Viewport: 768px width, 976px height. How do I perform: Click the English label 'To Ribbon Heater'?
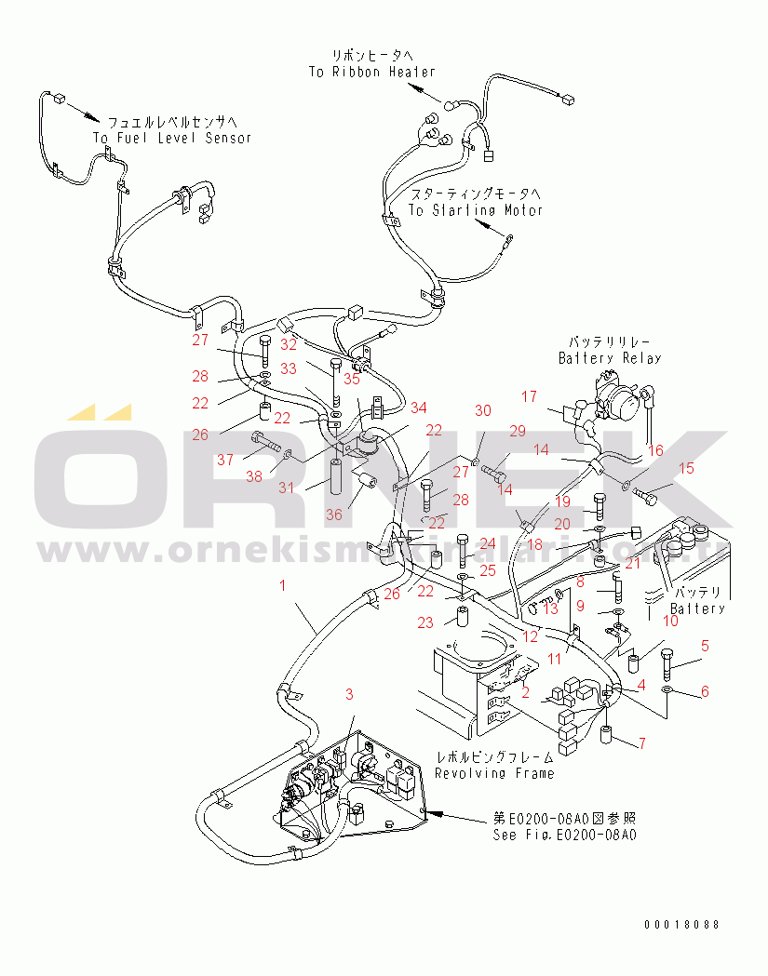(371, 72)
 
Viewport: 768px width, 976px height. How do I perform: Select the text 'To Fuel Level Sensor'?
(172, 138)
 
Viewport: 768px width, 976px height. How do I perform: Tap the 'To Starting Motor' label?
(475, 210)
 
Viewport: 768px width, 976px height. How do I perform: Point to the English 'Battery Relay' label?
(610, 358)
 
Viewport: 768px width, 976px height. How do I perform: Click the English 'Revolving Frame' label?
(494, 773)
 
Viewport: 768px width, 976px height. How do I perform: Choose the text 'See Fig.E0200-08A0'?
(565, 835)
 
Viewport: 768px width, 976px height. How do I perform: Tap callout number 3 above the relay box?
(349, 694)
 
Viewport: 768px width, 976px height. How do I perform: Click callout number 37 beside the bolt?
(224, 459)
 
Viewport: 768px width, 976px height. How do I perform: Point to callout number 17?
(529, 396)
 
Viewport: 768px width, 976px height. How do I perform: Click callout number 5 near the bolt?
(705, 645)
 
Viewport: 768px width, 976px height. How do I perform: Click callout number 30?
(482, 410)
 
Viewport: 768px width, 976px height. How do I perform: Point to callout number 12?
(530, 636)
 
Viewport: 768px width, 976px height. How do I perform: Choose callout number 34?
(418, 407)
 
